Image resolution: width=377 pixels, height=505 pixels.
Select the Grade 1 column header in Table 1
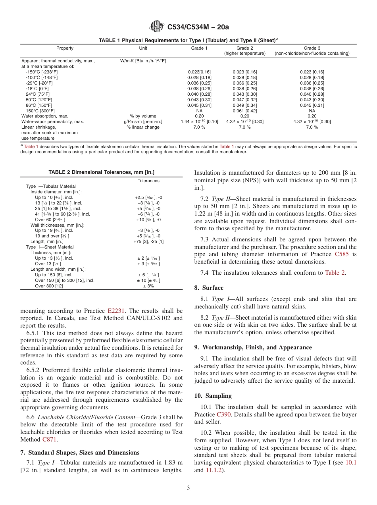[199, 48]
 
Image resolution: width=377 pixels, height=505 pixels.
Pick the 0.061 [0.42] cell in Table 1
[244, 111]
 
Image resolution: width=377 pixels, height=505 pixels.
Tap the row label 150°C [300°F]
[40, 111]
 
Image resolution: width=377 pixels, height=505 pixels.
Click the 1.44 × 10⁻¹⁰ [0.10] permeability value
[199, 122]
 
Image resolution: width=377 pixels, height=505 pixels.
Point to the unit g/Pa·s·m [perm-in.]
[143, 122]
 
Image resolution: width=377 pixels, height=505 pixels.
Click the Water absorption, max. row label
[44, 116]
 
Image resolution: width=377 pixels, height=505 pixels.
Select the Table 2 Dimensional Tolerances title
[101, 172]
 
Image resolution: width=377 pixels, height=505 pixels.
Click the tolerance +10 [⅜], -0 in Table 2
[148, 220]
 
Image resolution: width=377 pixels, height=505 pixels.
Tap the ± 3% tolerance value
[148, 286]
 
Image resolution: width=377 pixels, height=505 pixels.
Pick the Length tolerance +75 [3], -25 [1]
[148, 241]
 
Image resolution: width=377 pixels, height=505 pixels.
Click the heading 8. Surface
[209, 288]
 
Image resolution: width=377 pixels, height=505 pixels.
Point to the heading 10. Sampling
[213, 396]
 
